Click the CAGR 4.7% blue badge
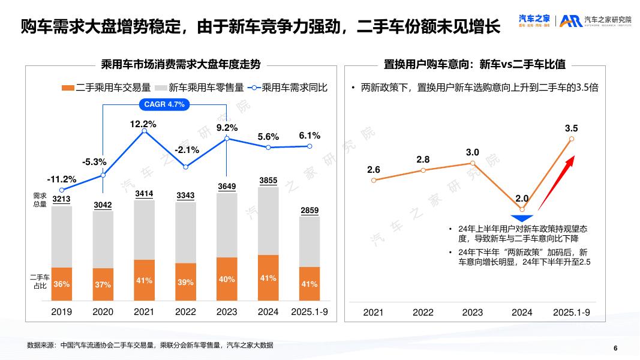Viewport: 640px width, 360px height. [164, 104]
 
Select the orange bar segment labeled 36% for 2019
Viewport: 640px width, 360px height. [62, 284]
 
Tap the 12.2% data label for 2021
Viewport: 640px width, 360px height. [143, 124]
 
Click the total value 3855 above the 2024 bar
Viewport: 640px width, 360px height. [268, 180]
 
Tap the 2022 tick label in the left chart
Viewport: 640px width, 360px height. [185, 312]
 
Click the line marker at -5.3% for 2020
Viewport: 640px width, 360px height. [103, 175]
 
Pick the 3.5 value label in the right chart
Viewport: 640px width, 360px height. [571, 128]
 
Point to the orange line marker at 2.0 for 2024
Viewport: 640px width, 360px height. [522, 209]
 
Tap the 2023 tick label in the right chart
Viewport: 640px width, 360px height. [472, 312]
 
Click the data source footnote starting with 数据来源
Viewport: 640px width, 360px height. [150, 345]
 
